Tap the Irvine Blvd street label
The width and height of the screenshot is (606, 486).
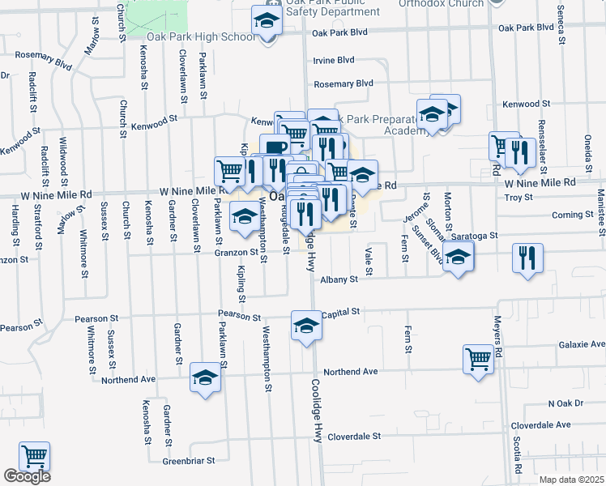(334, 61)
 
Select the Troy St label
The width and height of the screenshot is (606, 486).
(519, 197)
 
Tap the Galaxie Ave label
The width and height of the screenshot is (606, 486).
(582, 344)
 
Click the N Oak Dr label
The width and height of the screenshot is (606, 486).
(565, 403)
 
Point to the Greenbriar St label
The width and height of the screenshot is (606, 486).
(188, 460)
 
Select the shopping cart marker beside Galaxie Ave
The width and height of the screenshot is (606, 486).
(478, 359)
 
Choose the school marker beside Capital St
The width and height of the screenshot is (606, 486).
(307, 326)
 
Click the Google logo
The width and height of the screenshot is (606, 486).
(27, 476)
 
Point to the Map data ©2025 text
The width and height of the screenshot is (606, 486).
(572, 480)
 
